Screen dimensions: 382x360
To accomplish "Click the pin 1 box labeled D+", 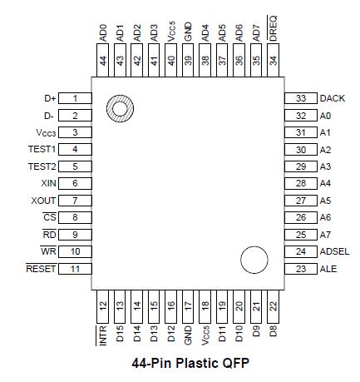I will click(75, 98).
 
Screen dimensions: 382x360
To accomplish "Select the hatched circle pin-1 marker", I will click(119, 108).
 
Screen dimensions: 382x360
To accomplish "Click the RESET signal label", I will click(41, 269).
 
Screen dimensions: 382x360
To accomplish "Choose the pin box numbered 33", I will click(300, 98).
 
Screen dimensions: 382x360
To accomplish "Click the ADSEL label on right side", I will click(333, 251).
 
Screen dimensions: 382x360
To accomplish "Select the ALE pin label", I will click(328, 269).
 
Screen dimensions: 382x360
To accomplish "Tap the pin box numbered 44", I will click(103, 61).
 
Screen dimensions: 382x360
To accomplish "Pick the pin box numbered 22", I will click(274, 305).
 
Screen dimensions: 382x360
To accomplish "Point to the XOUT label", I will click(42, 201).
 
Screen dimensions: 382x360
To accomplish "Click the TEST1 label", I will click(41, 149).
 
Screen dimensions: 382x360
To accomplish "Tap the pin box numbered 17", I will click(188, 305).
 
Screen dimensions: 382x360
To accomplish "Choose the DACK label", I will click(333, 98).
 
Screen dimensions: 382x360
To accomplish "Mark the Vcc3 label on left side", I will click(45, 132).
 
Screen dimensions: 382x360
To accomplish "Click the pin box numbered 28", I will click(300, 183).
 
